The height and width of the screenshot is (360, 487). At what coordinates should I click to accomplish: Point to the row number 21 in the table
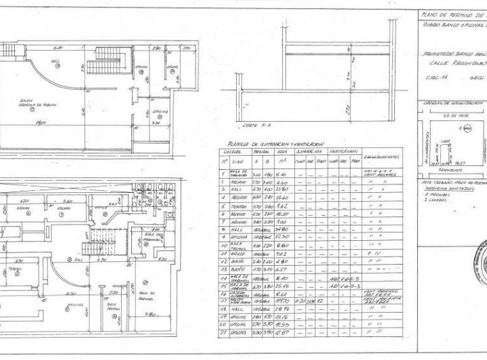(224, 351)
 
